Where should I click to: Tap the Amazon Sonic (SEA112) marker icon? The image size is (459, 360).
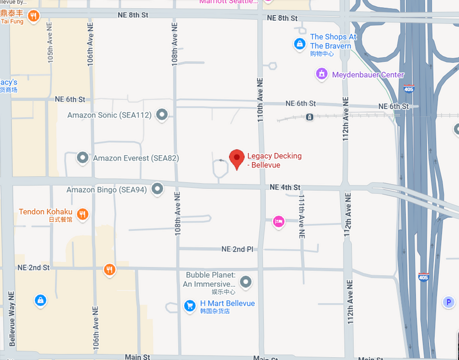162,115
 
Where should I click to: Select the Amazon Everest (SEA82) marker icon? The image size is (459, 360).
83,158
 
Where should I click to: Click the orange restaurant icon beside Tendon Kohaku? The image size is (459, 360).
83,214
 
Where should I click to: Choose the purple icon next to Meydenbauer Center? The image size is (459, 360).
322,75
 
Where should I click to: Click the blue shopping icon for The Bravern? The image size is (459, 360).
299,43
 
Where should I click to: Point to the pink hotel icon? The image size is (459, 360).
278,221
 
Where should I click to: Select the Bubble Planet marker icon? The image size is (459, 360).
246,281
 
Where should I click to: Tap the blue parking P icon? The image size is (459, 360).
448,302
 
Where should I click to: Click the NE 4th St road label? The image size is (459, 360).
285,187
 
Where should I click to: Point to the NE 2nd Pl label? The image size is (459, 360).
237,249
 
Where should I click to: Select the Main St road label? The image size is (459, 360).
137,357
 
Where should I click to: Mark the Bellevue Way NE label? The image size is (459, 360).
11,320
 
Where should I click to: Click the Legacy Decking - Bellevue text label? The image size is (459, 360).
274,161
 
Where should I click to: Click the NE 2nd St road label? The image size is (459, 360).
33,268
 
